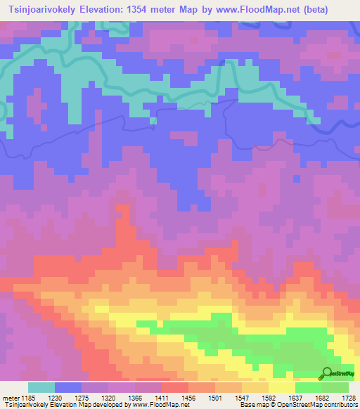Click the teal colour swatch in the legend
click(41, 387)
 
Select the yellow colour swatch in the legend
click(282, 387)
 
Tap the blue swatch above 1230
click(68, 387)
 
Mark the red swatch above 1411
click(175, 387)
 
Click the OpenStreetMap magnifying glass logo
click(328, 372)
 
